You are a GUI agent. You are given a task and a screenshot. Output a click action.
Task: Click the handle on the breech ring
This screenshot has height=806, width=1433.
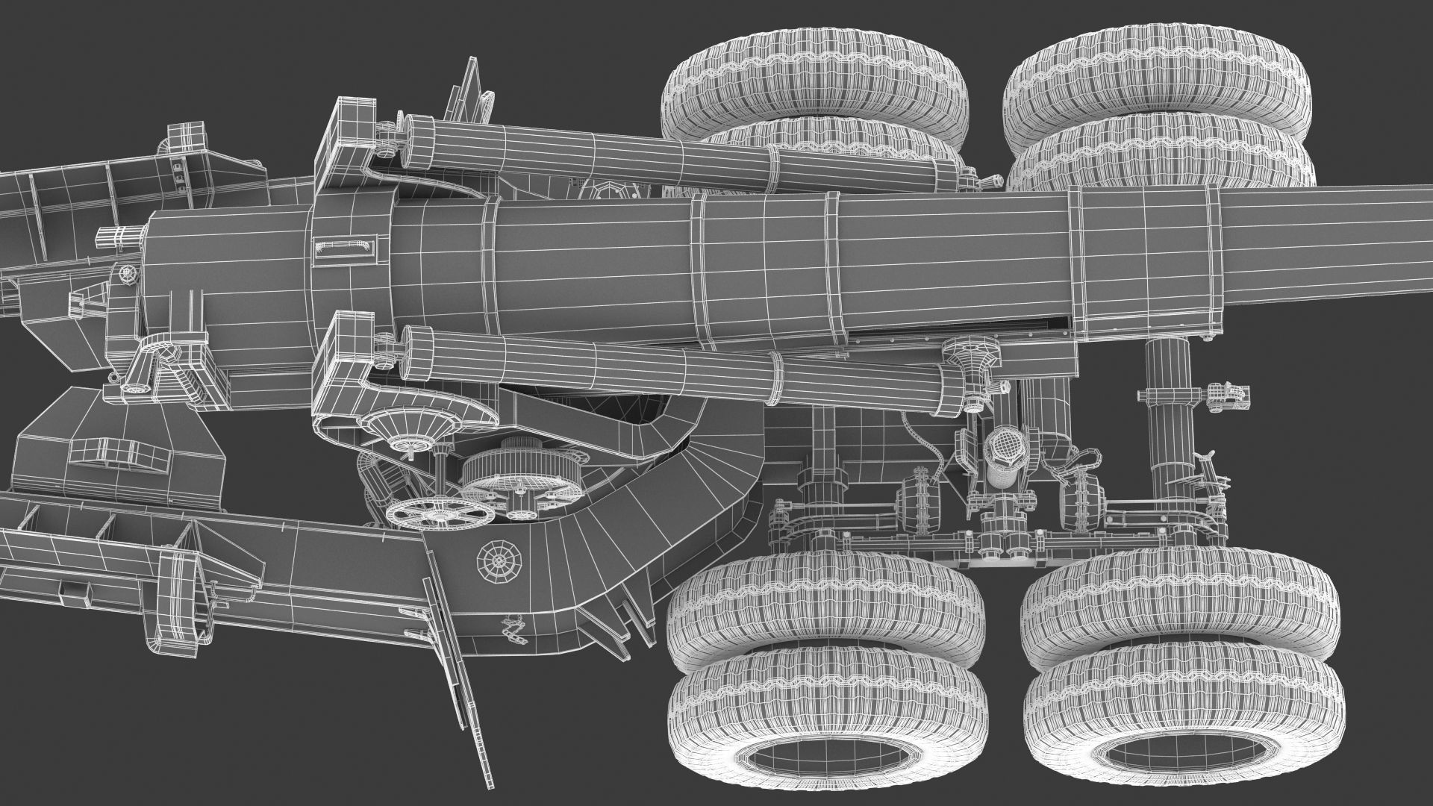tap(344, 246)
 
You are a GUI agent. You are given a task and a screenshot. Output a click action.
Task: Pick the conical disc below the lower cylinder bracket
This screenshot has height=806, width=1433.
tap(409, 429)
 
